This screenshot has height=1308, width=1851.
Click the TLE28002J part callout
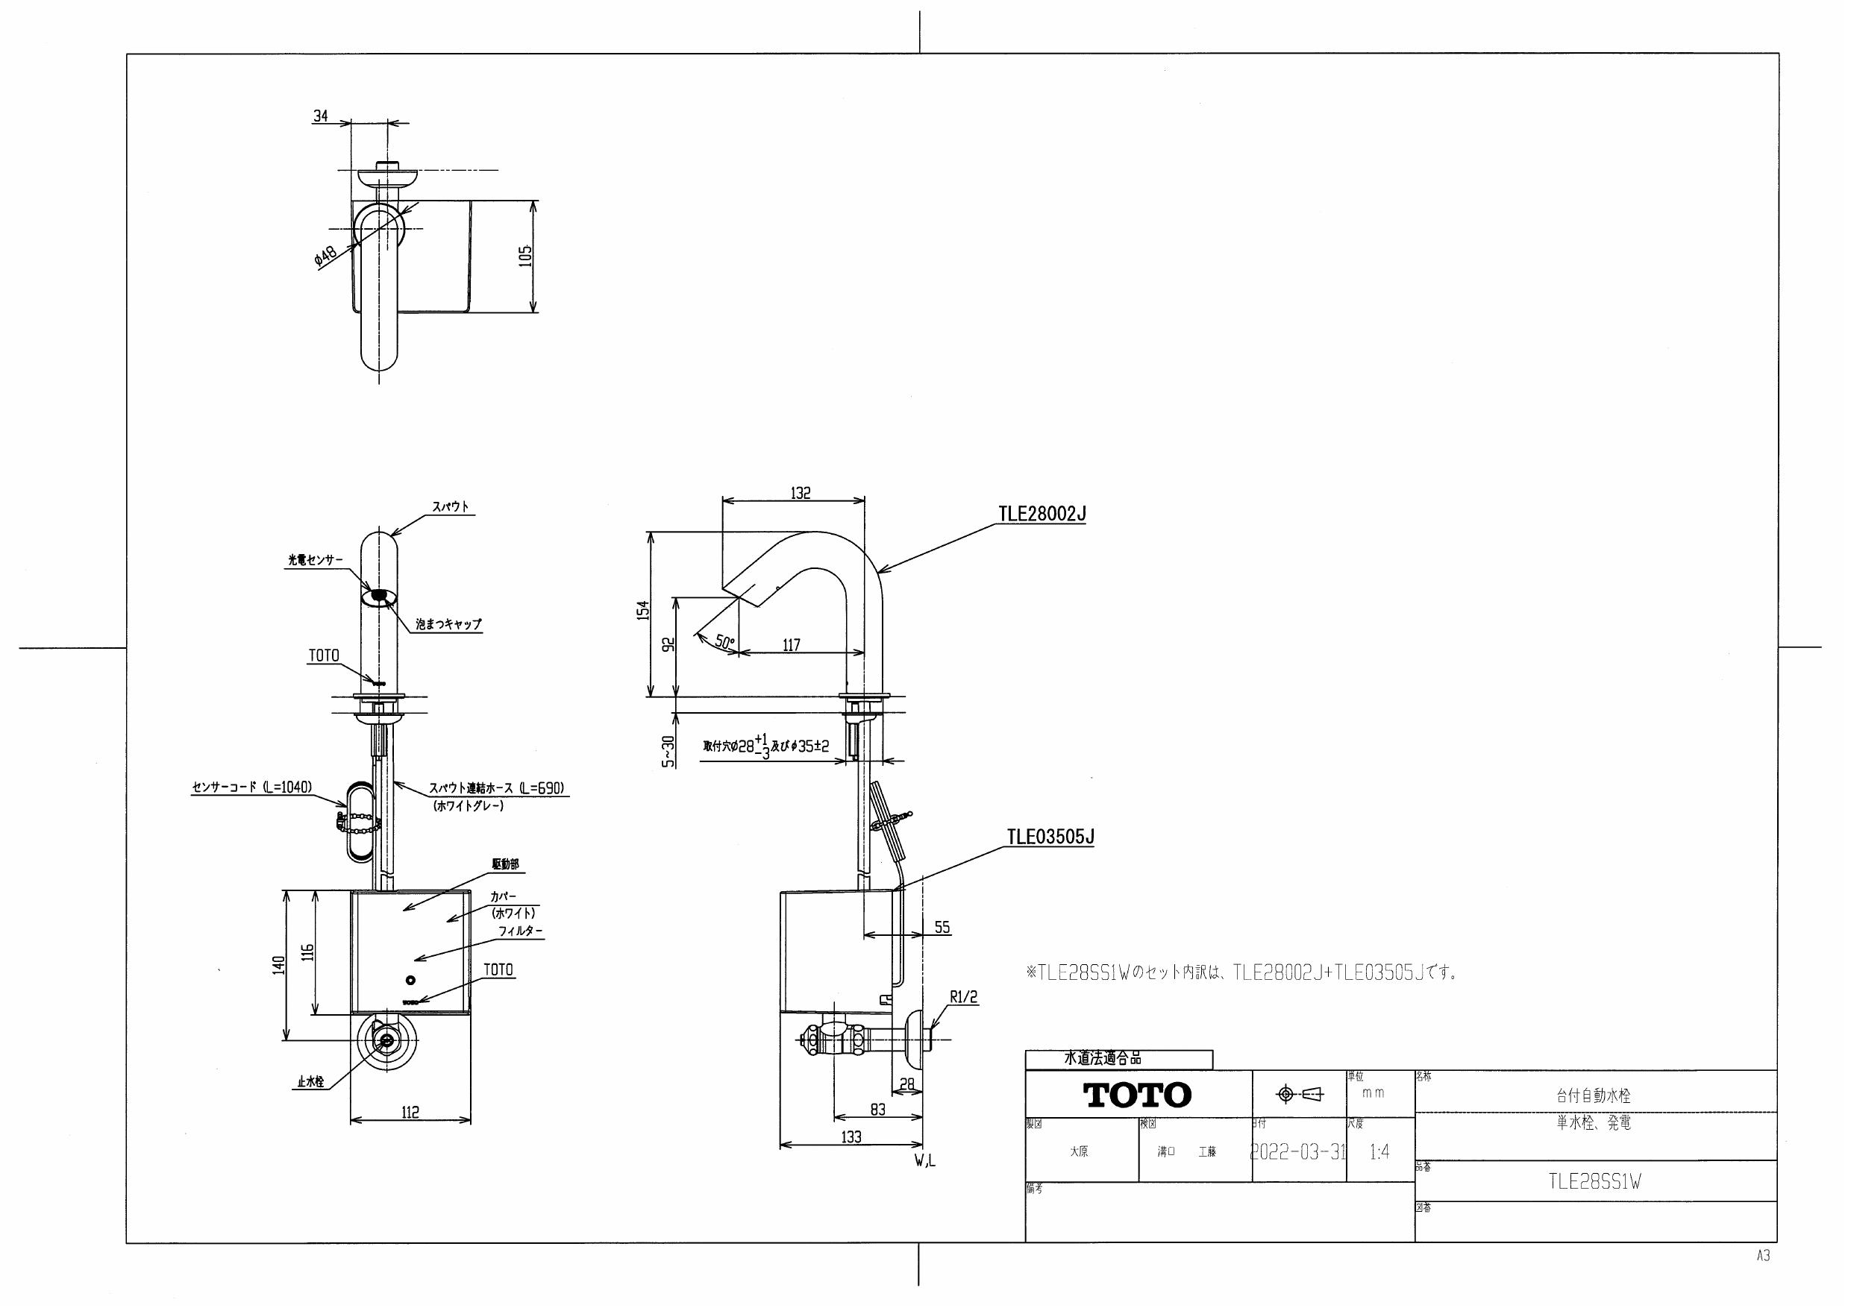1042,513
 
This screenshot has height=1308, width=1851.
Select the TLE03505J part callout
1050,837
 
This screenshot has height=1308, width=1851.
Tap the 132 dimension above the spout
800,492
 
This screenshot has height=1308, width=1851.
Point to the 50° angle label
724,642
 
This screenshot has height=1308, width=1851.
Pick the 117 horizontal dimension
791,645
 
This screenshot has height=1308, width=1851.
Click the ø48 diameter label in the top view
327,257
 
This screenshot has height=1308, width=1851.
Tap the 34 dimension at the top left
320,116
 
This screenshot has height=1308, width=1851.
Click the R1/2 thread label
962,997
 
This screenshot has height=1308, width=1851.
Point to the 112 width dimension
410,1112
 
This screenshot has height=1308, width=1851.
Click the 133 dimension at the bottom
851,1137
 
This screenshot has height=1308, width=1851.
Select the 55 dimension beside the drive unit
942,928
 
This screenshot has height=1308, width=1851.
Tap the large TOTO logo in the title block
1137,1095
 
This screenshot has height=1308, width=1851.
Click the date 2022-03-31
1297,1152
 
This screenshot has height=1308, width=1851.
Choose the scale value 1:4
1379,1152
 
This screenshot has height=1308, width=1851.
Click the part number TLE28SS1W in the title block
1594,1182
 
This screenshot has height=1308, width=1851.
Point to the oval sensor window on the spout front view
379,597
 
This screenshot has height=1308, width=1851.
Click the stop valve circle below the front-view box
389,1040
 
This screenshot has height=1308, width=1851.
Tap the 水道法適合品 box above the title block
1118,1059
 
